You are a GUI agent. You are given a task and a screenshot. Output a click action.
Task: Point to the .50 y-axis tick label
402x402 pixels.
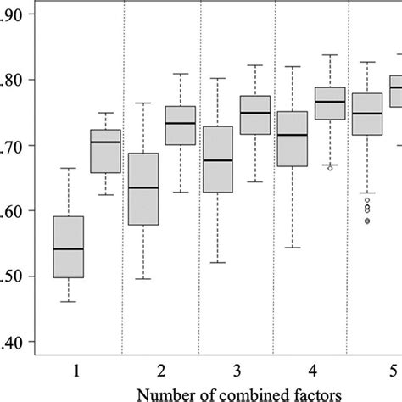[x=14, y=276]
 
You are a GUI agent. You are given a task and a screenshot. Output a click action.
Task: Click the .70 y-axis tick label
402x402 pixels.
[x=14, y=145]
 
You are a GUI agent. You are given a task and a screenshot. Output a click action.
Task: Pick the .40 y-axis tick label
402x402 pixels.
[x=14, y=342]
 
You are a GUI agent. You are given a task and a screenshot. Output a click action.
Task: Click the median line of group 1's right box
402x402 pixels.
[x=105, y=142]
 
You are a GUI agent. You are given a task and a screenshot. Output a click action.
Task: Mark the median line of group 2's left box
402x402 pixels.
[x=142, y=187]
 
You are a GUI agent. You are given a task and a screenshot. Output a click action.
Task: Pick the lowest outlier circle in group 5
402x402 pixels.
[x=367, y=221]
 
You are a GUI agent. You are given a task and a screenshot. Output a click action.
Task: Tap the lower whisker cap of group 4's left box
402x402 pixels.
[x=293, y=248]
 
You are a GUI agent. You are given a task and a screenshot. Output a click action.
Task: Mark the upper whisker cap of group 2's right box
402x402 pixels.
[x=180, y=74]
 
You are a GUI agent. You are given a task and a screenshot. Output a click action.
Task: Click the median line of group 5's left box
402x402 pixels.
[x=367, y=113]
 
